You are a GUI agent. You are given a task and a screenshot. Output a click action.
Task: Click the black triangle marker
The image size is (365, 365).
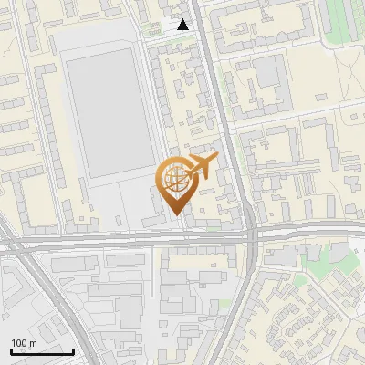pyautogui.click(x=183, y=26)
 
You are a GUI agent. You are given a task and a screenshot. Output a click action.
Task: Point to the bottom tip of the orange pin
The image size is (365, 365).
pyautogui.click(x=175, y=215)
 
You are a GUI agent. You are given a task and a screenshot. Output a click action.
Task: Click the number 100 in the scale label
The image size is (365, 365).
pyautogui.click(x=19, y=342)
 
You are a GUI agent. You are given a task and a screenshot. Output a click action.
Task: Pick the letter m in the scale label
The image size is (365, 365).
pyautogui.click(x=33, y=342)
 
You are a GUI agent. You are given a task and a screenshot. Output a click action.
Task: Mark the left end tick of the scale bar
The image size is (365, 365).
pyautogui.click(x=11, y=351)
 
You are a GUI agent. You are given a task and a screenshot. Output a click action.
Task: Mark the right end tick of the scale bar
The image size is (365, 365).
pyautogui.click(x=73, y=351)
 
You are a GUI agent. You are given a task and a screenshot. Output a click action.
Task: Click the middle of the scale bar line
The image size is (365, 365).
pyautogui.click(x=42, y=352)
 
